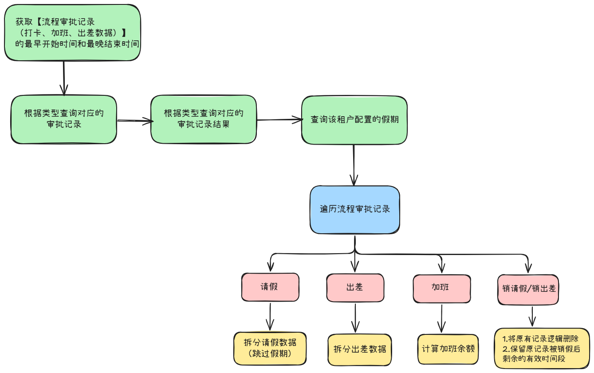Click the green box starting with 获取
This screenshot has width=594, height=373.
click(x=72, y=32)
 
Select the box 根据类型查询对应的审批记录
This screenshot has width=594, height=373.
click(x=64, y=119)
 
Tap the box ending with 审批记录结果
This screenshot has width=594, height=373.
click(x=204, y=119)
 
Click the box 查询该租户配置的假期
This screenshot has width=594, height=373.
click(x=354, y=120)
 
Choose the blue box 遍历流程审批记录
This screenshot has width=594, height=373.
click(x=354, y=209)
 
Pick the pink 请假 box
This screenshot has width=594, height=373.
click(x=270, y=287)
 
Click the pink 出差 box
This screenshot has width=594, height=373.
click(x=354, y=287)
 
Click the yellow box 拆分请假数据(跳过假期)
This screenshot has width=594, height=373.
click(x=270, y=348)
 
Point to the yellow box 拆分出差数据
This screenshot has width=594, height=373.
click(x=360, y=349)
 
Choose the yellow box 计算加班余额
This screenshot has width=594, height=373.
click(x=448, y=349)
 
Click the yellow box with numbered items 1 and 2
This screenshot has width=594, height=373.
click(x=542, y=348)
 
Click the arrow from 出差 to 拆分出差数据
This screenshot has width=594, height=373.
click(x=355, y=318)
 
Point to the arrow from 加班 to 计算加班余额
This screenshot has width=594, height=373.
click(x=441, y=318)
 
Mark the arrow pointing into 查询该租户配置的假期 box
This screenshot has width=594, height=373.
click(x=279, y=119)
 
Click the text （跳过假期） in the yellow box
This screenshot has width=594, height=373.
click(x=270, y=354)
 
